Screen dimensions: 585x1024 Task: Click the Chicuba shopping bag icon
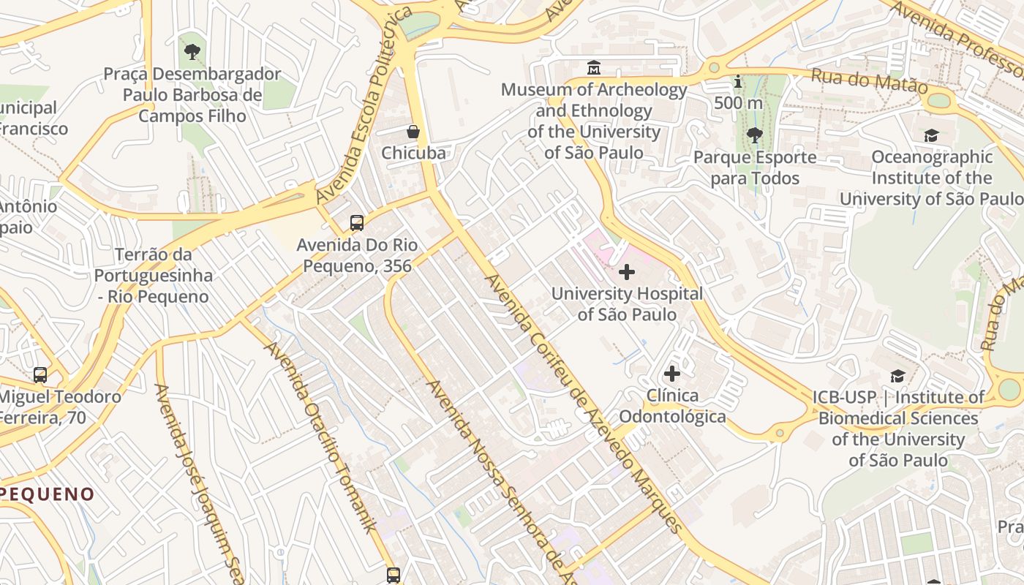pyautogui.click(x=413, y=132)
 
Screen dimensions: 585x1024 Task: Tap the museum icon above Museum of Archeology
pyautogui.click(x=594, y=68)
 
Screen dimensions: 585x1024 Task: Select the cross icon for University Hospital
pyautogui.click(x=627, y=272)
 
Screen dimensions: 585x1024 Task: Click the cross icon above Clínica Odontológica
pyautogui.click(x=671, y=374)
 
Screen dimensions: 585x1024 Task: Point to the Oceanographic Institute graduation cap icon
pyautogui.click(x=931, y=135)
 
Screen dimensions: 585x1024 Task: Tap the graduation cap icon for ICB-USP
pyautogui.click(x=897, y=376)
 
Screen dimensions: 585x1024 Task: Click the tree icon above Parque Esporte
pyautogui.click(x=754, y=135)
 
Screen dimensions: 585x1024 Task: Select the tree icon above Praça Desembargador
pyautogui.click(x=192, y=52)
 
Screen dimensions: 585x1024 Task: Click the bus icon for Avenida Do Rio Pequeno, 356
pyautogui.click(x=357, y=223)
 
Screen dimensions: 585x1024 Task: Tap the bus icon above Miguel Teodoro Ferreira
pyautogui.click(x=40, y=375)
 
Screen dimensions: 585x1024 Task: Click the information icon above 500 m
pyautogui.click(x=738, y=81)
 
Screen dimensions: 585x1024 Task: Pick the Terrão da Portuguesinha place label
pyautogui.click(x=153, y=276)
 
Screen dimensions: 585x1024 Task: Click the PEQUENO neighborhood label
pyautogui.click(x=48, y=494)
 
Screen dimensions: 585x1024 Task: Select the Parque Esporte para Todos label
pyautogui.click(x=755, y=167)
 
